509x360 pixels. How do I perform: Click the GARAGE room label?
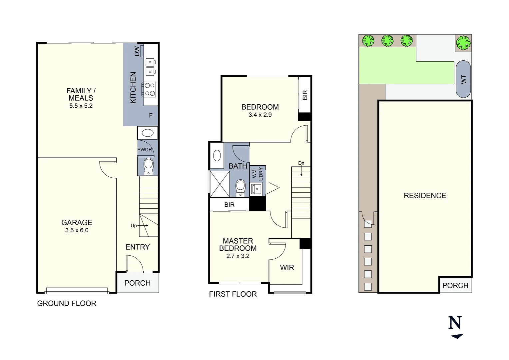[x=77, y=222]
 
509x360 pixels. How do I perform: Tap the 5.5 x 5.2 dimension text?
[x=81, y=106]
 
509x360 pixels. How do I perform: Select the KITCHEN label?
[x=133, y=88]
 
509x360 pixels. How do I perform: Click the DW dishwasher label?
[x=137, y=51]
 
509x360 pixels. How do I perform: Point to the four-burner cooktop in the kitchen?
[x=150, y=89]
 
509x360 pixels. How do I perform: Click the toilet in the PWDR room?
[x=148, y=166]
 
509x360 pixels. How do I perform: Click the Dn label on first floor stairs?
[x=301, y=163]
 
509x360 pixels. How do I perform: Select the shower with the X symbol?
[x=220, y=184]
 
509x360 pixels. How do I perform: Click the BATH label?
[x=238, y=166]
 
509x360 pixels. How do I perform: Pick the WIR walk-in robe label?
[x=287, y=268]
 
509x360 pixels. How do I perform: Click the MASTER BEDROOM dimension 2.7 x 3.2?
[x=238, y=256]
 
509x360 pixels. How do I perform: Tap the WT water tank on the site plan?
[x=463, y=79]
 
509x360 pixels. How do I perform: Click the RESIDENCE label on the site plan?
[x=425, y=196]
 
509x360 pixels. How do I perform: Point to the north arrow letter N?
[x=455, y=323]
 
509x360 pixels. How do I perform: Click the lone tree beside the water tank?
[x=463, y=43]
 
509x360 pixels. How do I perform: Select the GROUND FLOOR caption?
[x=67, y=303]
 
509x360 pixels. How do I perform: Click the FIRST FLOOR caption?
[x=233, y=294]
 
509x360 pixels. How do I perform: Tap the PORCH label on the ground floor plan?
[x=137, y=283]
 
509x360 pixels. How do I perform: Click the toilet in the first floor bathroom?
[x=240, y=188]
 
